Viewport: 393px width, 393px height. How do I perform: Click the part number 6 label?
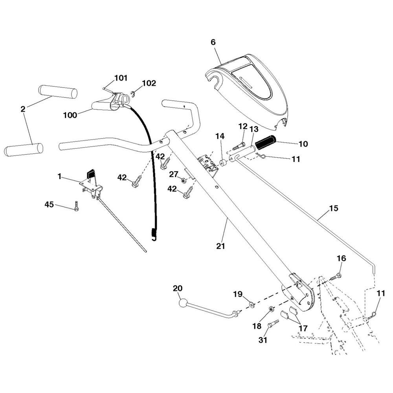pos(213,42)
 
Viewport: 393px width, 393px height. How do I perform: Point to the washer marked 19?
pos(251,305)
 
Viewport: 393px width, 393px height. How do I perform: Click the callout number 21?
pos(220,246)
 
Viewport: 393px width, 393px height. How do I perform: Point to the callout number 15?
pos(333,208)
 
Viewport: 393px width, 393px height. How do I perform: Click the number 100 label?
pos(70,115)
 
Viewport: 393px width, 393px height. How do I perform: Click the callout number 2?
pos(23,109)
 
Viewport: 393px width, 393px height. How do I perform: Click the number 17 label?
pos(303,328)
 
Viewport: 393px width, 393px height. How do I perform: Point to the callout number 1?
pos(59,176)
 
